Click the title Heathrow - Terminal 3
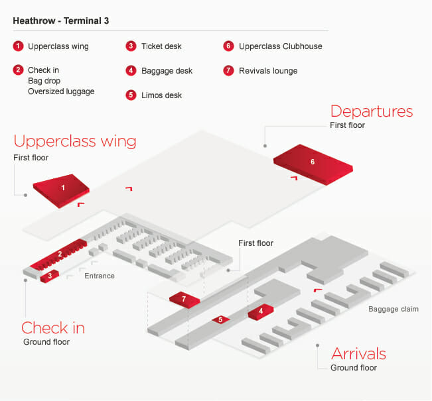click(61, 21)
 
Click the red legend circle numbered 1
click(18, 46)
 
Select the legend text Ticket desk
click(161, 46)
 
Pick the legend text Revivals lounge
click(268, 71)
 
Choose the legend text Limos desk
click(161, 95)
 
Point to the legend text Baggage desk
click(166, 71)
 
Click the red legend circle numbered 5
click(131, 95)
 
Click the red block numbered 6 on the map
click(312, 162)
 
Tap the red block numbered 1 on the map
click(62, 188)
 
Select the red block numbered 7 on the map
click(184, 300)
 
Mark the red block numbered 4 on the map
click(261, 311)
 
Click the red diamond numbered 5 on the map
click(220, 319)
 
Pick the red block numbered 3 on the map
click(50, 275)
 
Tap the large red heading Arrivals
click(358, 353)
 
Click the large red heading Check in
click(53, 327)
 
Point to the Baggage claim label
click(394, 309)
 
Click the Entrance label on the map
click(99, 276)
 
